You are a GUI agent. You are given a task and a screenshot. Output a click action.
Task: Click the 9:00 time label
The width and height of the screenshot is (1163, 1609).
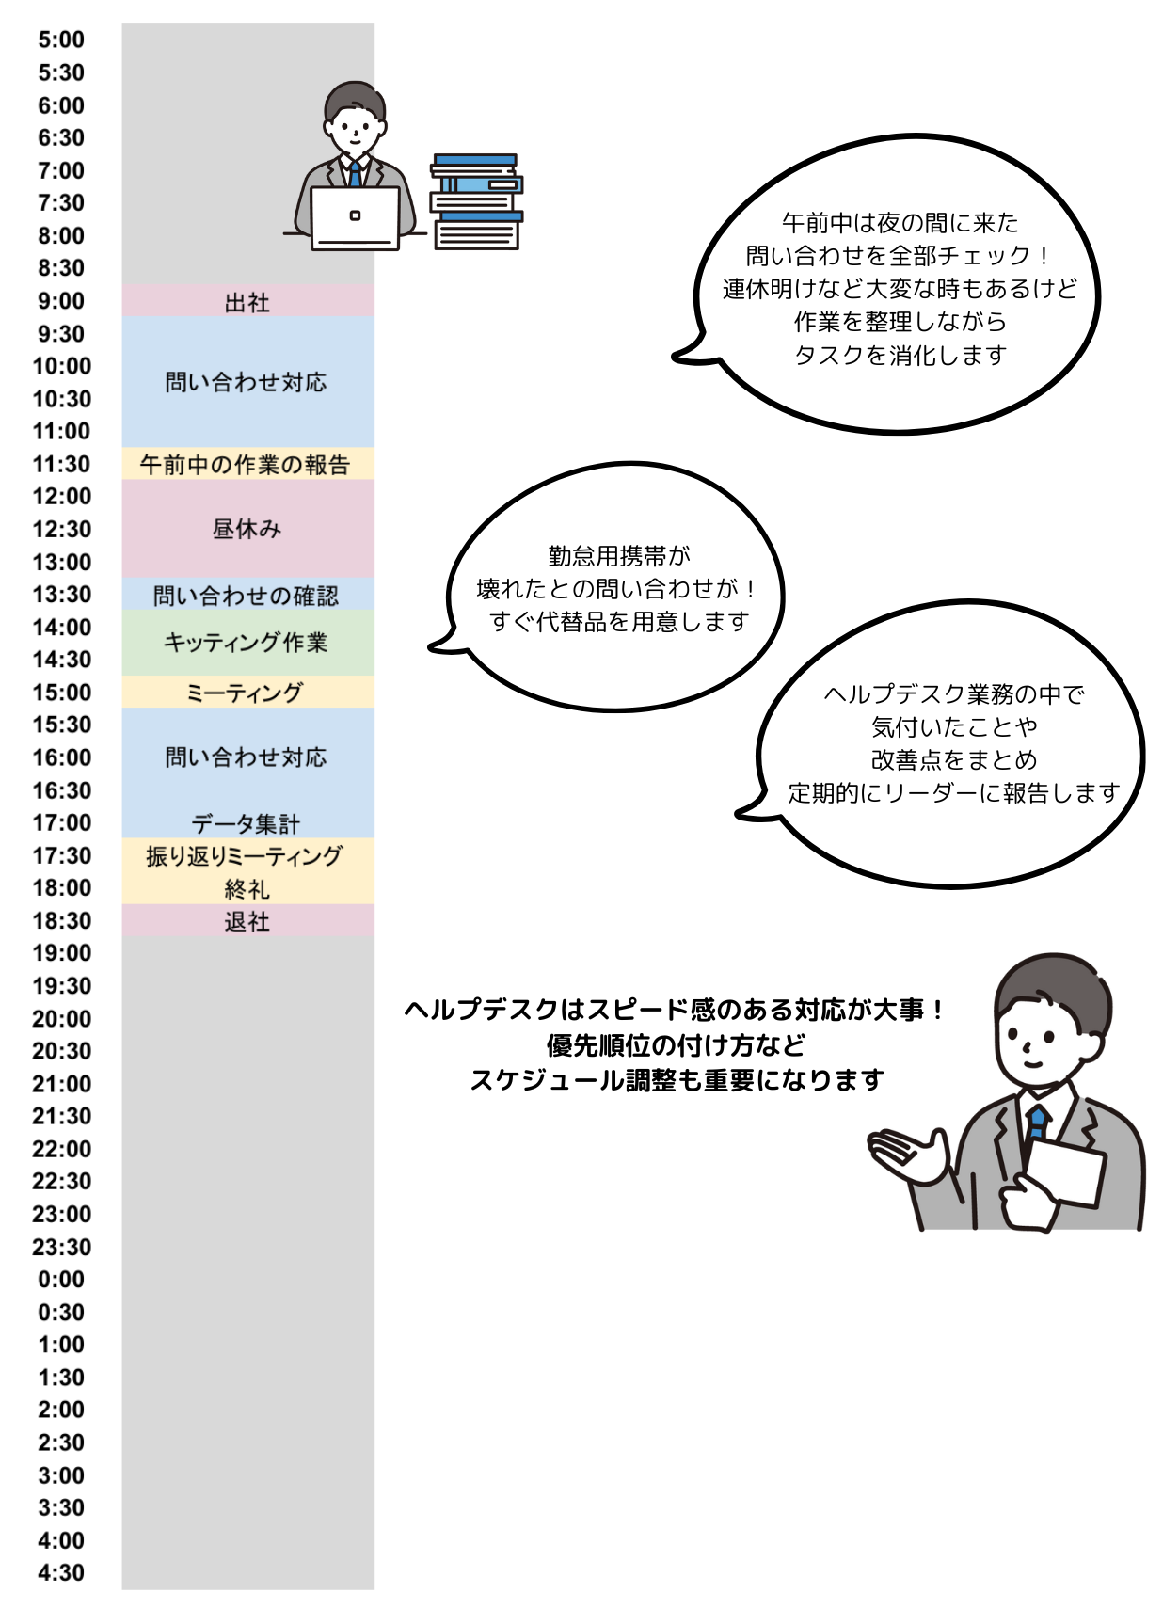[61, 301]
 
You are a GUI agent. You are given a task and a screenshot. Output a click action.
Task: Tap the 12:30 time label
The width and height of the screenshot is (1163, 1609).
[61, 529]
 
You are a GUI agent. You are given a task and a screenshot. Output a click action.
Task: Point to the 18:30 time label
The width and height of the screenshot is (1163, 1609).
[61, 920]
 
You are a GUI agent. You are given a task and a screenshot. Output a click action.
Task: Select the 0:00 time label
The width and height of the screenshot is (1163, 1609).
[61, 1279]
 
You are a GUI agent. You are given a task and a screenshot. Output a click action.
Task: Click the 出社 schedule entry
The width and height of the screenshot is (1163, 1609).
[247, 302]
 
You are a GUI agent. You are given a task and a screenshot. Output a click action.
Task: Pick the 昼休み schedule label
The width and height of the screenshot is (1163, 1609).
[247, 529]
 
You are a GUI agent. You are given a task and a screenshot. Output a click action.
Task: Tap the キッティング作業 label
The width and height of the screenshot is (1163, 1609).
[247, 643]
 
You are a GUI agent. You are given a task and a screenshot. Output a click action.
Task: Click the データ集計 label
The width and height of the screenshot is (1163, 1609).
[247, 823]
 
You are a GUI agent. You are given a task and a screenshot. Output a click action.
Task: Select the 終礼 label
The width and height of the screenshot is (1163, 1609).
[247, 888]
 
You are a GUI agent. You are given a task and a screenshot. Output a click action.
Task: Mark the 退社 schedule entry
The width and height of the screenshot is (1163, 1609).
[247, 921]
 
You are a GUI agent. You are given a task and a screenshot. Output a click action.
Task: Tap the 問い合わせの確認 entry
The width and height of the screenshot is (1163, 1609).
[247, 596]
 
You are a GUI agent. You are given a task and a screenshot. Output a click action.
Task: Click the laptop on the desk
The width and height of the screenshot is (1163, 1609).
[355, 217]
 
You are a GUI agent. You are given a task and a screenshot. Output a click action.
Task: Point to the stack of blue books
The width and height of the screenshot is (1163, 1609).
[476, 201]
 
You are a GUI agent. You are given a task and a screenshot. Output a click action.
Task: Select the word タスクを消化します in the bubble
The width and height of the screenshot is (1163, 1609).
[900, 355]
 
